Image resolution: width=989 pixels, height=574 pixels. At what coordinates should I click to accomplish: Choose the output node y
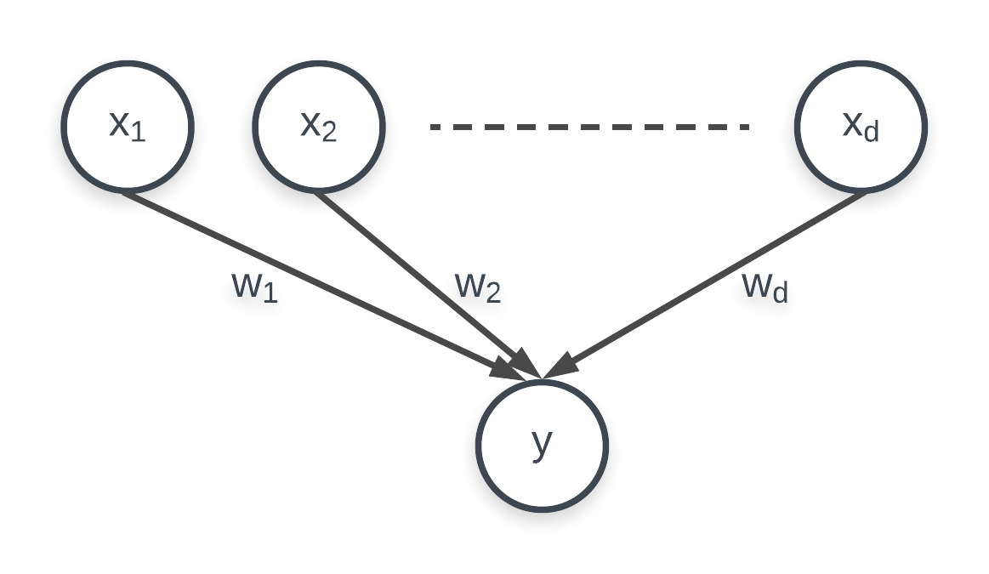[x=542, y=446]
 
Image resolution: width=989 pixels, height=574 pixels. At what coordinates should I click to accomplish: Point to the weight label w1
[x=254, y=287]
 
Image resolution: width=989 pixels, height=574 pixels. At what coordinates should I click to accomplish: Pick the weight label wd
[x=765, y=287]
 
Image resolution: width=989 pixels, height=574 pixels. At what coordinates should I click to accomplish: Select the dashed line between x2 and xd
[x=589, y=128]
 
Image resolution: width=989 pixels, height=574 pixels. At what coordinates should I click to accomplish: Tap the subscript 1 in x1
[x=139, y=134]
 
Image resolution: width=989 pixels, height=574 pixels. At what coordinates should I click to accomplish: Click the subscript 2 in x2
[x=330, y=134]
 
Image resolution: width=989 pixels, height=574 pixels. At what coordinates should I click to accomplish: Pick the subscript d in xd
[x=870, y=133]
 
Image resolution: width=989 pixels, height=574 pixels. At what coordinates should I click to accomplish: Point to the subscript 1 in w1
[x=269, y=294]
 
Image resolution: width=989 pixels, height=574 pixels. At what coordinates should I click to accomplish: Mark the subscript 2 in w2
[x=492, y=294]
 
